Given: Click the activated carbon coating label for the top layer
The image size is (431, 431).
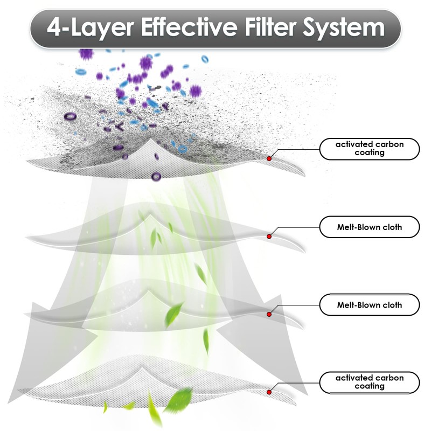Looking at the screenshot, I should click(369, 148).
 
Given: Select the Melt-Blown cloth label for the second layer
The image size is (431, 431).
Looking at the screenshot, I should click(369, 227).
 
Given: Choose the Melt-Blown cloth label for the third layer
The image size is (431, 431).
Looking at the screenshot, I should click(369, 305).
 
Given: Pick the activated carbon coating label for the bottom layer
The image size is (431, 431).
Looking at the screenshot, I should click(369, 382).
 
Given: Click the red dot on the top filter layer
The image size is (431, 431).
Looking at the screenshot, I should click(269, 158).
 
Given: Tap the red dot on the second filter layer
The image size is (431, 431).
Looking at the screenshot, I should click(269, 236).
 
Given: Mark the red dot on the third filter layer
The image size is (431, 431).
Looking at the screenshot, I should click(269, 314).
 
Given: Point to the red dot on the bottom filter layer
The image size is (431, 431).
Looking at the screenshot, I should click(269, 392).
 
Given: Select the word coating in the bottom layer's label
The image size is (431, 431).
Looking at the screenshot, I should click(369, 386).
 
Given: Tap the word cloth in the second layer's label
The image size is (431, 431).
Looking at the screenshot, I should click(392, 227).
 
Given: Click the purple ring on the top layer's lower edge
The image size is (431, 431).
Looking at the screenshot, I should click(157, 176).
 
